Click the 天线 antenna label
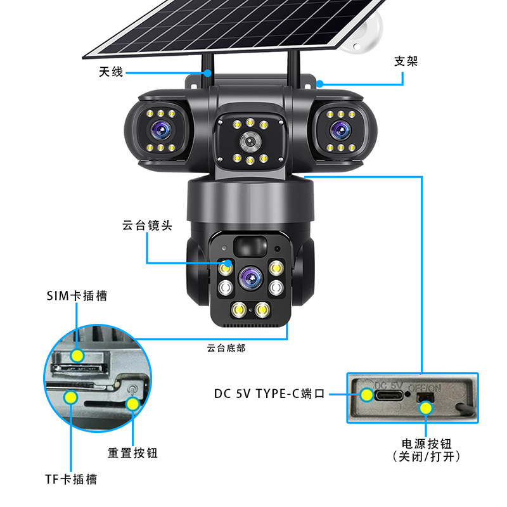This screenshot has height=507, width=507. pos(111,72)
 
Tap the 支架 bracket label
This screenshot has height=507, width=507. pos(406,61)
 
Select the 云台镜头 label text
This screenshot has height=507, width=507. pos(147,226)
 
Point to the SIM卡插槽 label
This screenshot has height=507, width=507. pos(77,295)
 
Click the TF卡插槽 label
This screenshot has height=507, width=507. pos(71,479)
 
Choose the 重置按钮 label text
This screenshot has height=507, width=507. pos(132,452)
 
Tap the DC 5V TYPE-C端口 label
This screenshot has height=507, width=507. pos(269,394)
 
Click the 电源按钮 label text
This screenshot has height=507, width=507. pos(427,444)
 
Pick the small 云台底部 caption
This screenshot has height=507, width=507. pos(226,348)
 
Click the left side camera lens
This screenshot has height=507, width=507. pos(161,131)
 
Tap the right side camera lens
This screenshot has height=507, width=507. pos(340,131)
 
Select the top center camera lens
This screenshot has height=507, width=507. pos(250,141)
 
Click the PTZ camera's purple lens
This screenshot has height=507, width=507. pos(251,278)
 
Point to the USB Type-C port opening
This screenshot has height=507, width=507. pos(389,395)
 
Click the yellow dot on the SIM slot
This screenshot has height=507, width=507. pos(77,356)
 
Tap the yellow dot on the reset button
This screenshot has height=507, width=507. pos(132,404)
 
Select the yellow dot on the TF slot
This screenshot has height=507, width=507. pos(70,397)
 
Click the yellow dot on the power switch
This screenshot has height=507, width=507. pos(426,408)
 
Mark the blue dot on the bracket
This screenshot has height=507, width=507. pos(320,84)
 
